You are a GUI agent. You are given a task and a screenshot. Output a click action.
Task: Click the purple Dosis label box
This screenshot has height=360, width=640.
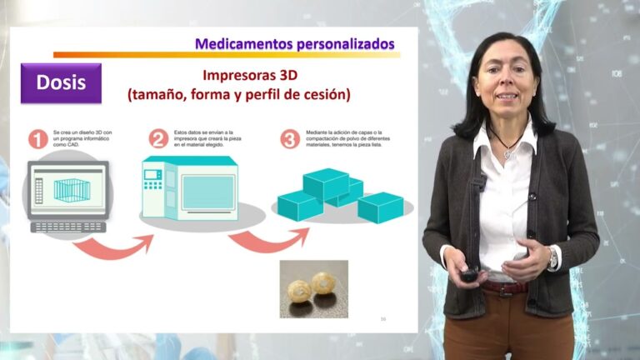point(61,82)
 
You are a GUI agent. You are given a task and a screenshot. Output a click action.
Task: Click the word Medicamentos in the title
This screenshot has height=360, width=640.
point(238,43)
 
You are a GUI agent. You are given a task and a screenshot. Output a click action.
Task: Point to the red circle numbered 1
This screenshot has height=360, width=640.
point(37,139)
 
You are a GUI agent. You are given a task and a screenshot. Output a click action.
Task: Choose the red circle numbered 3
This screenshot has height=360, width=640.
point(289,139)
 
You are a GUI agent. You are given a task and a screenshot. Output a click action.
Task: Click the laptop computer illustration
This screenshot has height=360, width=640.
point(68,193)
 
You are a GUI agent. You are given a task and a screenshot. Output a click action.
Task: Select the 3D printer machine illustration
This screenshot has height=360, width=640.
point(190,188)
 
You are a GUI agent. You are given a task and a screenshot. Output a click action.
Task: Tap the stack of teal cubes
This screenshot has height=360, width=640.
point(339,196)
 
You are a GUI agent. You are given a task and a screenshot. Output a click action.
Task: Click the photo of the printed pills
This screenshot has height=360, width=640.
point(313,288)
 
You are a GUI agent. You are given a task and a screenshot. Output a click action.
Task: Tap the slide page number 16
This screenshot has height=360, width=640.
point(382,318)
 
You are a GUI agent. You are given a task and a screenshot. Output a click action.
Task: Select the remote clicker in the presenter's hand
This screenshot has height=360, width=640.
point(471,273)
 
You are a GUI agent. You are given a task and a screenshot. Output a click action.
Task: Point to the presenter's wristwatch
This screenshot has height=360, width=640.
point(552,259)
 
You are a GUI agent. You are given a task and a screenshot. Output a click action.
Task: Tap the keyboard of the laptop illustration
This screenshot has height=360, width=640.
point(68,226)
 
